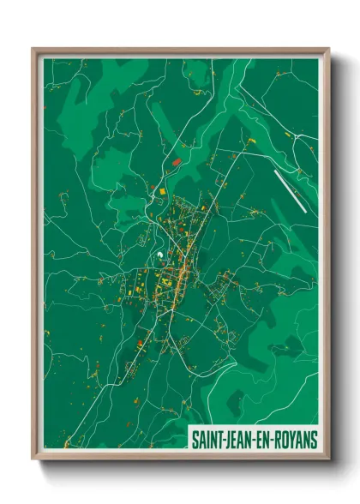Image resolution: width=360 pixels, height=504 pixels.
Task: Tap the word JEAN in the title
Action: click(237, 439)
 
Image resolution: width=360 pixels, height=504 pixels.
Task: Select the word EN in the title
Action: click(261, 439)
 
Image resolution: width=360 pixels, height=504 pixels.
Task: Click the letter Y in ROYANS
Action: click(292, 439)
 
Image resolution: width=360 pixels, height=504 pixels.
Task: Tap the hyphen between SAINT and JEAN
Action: click(221, 439)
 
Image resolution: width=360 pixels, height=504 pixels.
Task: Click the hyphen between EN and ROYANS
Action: click(270, 439)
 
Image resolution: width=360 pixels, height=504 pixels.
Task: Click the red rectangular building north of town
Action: click(177, 161)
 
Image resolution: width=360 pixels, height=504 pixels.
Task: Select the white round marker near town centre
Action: click(159, 254)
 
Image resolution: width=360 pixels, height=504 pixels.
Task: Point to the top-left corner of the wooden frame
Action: click(33, 49)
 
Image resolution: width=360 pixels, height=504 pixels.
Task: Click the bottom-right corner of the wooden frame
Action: click(328, 459)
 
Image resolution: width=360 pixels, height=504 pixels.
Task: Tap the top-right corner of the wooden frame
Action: click(328, 49)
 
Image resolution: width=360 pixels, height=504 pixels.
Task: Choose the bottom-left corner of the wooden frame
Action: click(33, 459)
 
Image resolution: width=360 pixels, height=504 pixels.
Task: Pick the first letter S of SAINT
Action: click(193, 439)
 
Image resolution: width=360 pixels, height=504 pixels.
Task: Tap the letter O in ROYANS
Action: click(284, 439)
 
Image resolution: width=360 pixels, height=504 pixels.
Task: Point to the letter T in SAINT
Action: click(217, 439)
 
